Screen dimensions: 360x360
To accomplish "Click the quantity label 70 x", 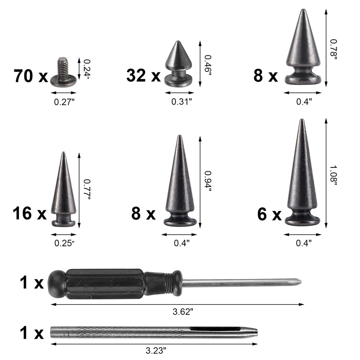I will (31, 76).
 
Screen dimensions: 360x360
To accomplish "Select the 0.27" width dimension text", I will (64, 102).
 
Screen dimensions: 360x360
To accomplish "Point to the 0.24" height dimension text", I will (87, 67).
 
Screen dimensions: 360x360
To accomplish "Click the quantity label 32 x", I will (143, 76).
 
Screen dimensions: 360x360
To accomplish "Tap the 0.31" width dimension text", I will (181, 102).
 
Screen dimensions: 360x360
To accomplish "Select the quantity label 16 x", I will (30, 213).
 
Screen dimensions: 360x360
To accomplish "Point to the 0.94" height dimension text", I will (208, 181).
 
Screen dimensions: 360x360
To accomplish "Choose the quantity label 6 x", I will (269, 215).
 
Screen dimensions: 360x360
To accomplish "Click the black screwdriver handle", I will (104, 284).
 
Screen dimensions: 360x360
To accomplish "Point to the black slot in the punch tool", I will (215, 329).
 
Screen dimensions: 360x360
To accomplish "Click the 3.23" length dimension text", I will (156, 350).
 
